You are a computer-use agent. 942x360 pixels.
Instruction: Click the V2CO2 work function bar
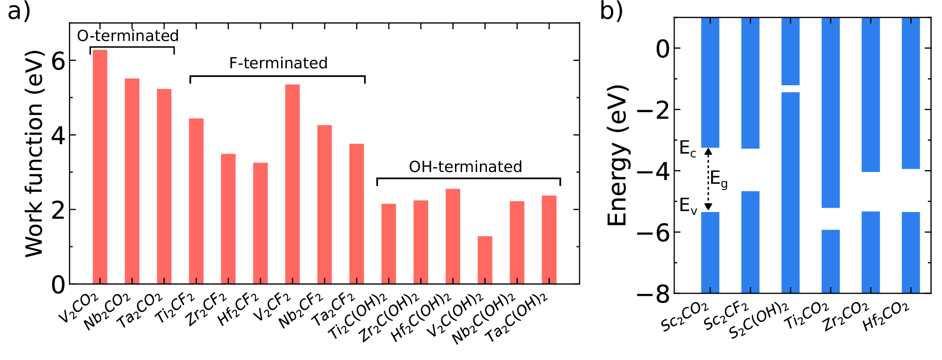100,167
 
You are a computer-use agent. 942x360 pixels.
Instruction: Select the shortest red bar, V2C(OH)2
485,260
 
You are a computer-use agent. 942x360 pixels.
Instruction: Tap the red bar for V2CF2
292,184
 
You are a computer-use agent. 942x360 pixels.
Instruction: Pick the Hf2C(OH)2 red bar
453,237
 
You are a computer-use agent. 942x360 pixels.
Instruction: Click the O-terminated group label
128,36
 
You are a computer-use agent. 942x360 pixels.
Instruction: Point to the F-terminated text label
278,63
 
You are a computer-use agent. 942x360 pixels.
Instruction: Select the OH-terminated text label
465,167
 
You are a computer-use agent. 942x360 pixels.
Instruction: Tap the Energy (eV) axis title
617,155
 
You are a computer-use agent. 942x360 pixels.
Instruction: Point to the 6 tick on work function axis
58,61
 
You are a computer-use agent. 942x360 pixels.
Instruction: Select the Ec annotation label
687,149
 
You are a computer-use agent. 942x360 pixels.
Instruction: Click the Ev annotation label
688,206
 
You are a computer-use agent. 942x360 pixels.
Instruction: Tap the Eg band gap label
719,180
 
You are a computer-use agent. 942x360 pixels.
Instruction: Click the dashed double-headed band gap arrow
708,180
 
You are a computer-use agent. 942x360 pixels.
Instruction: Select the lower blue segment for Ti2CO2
830,262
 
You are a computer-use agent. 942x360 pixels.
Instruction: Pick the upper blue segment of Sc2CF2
750,83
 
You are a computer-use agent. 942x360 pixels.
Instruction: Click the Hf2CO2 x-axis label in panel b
885,317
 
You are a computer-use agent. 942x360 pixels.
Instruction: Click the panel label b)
611,10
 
